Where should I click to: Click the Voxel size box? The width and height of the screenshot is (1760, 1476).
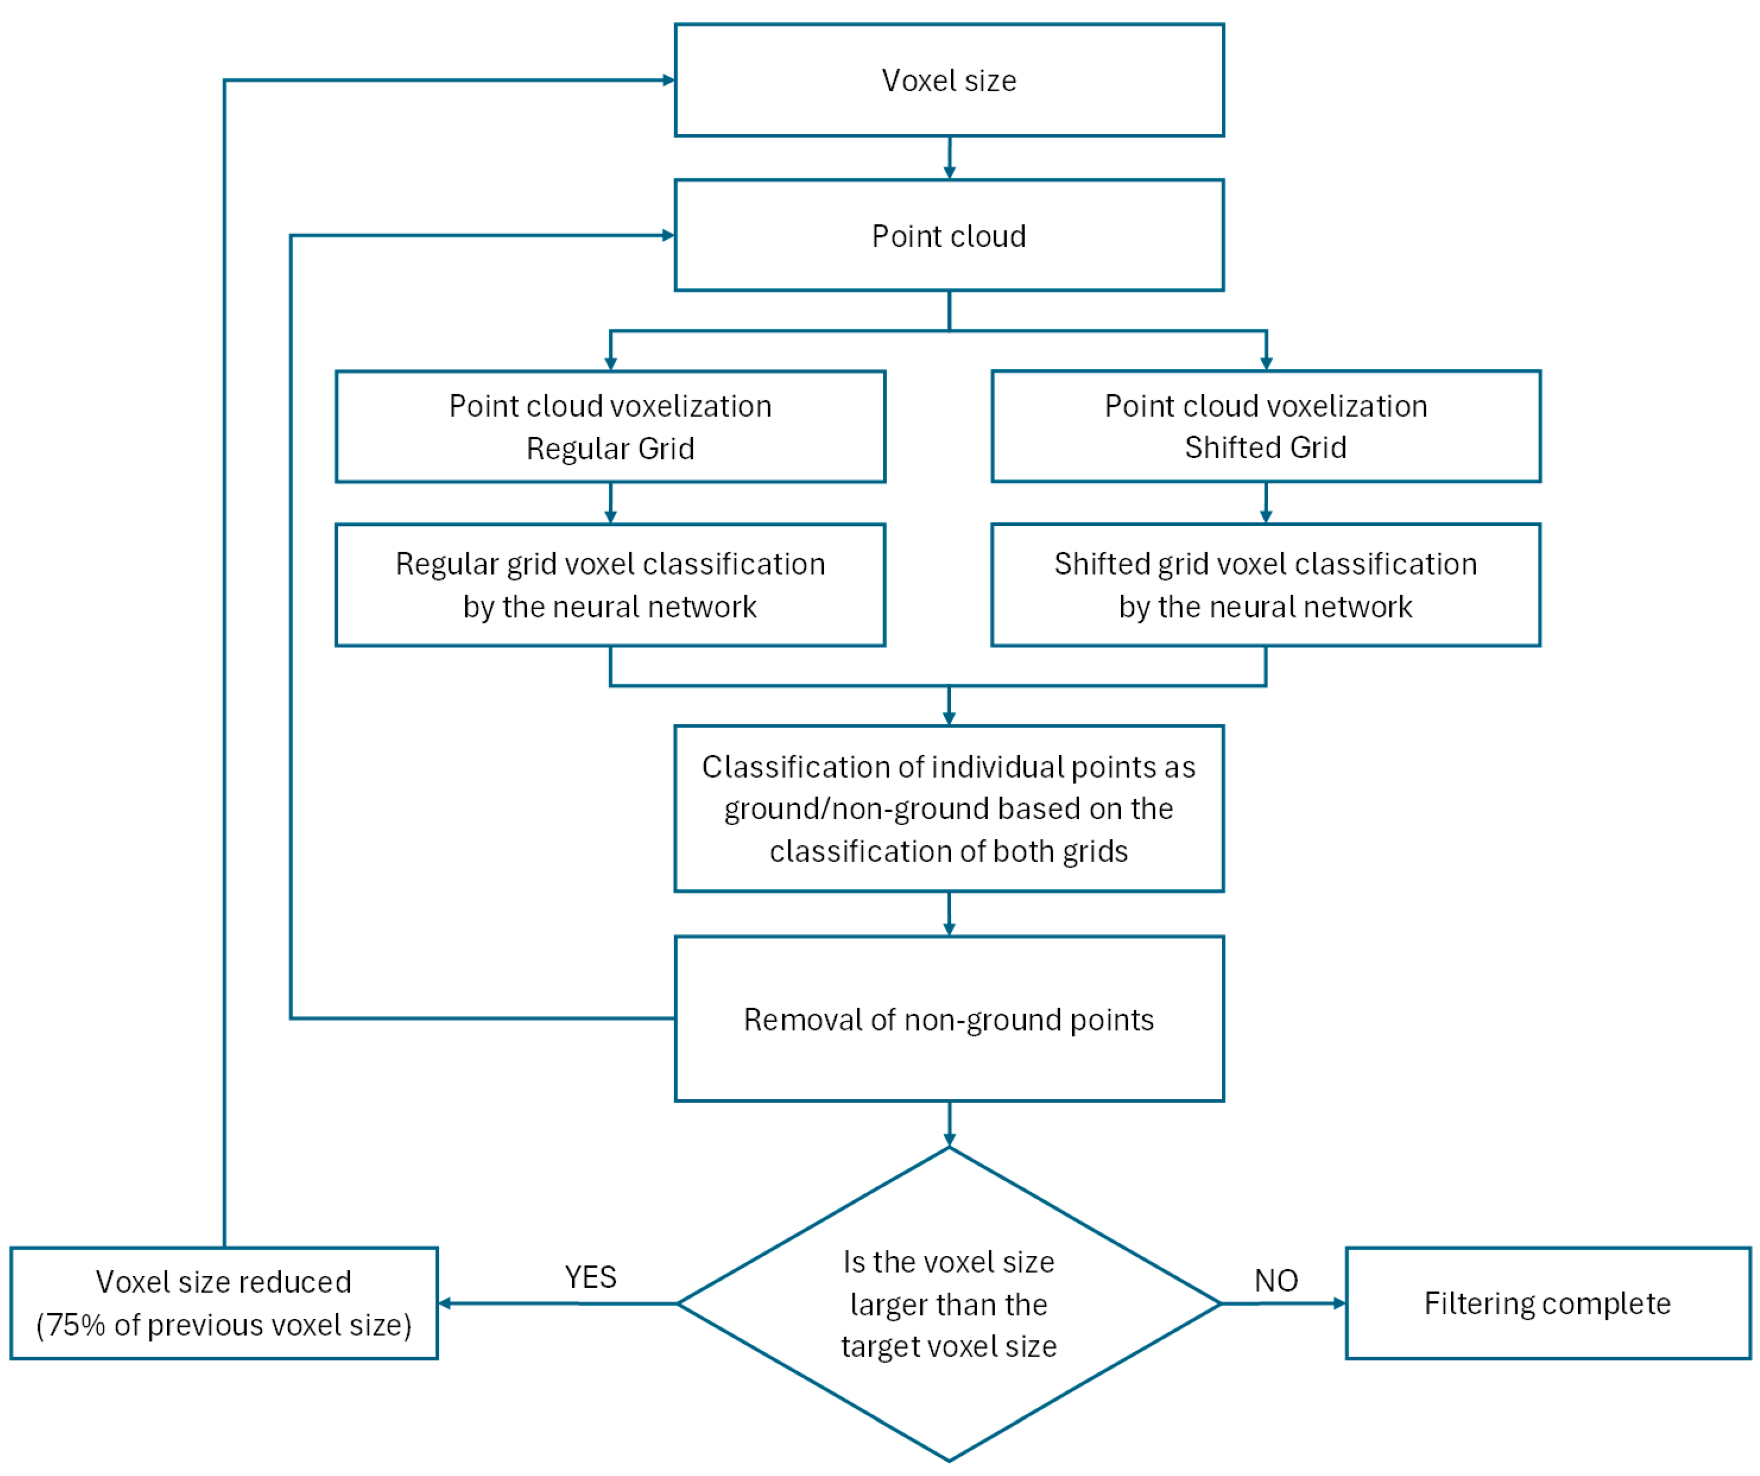[949, 80]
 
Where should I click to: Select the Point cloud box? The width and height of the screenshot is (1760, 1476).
[949, 235]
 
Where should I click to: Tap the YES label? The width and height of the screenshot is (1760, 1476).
[590, 1277]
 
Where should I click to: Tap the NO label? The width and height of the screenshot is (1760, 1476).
[1276, 1280]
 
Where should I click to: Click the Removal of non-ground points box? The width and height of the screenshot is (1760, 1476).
[949, 1019]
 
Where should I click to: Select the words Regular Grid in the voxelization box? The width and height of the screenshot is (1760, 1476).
[610, 448]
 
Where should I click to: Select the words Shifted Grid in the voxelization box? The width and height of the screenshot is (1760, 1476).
[1265, 448]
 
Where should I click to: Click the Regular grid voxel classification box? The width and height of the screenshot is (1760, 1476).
[610, 585]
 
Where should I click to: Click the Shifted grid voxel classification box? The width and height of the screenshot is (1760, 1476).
[1265, 585]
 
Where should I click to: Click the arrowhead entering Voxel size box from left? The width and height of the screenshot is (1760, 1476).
[669, 80]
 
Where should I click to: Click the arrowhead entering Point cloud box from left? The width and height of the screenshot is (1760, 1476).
[669, 235]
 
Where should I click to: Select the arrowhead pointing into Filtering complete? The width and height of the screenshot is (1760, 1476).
[1339, 1303]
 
